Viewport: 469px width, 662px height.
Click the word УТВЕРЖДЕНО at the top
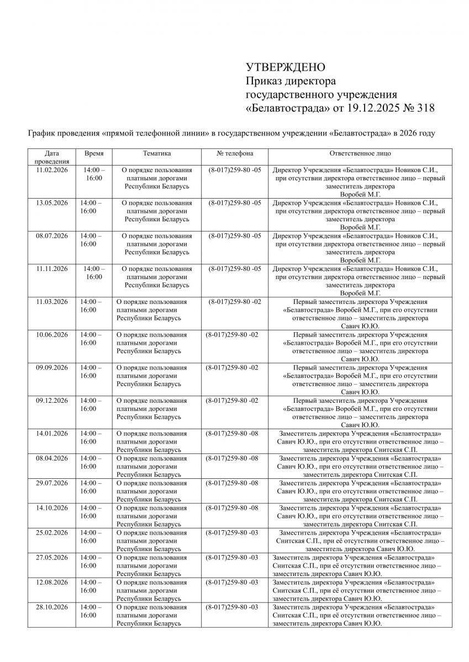[286, 67]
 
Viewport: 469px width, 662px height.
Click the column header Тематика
[156, 153]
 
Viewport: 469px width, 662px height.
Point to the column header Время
[94, 153]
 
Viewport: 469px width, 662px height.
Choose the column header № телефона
[235, 153]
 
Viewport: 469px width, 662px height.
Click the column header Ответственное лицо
[360, 153]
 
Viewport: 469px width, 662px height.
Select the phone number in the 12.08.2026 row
[232, 583]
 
